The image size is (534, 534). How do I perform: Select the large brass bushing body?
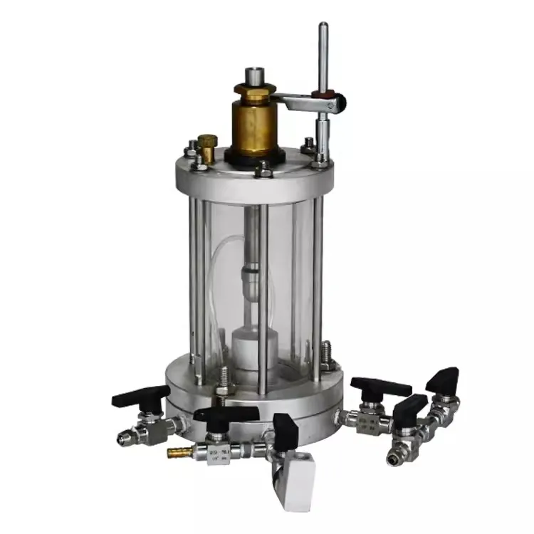[x=253, y=125]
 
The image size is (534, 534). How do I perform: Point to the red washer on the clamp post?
[x=326, y=92]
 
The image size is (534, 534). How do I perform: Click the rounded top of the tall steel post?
[x=323, y=28]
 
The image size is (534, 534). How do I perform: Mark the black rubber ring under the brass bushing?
[x=255, y=155]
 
